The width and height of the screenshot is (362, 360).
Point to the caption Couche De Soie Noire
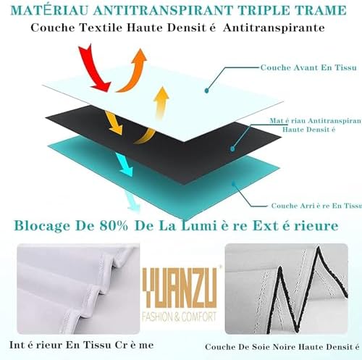278,346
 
